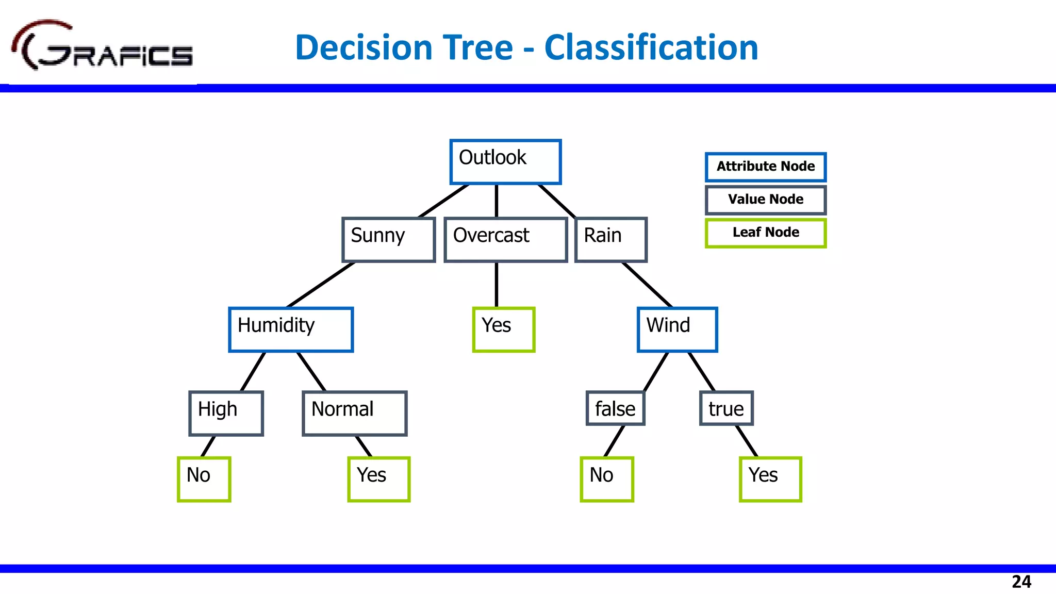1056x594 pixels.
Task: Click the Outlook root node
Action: coord(505,162)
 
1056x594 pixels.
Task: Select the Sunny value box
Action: coord(389,239)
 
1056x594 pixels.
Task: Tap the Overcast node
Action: coord(505,239)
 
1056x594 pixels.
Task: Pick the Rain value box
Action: coord(611,239)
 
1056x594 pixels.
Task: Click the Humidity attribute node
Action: coord(291,329)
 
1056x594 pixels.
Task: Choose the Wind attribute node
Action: coord(677,329)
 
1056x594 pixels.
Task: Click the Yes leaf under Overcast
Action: coord(504,329)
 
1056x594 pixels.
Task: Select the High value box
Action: coord(226,413)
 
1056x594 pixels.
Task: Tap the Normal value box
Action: coord(354,413)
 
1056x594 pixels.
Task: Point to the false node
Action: coord(615,408)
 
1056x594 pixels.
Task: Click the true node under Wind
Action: coord(726,408)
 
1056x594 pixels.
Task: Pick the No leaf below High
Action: coord(204,479)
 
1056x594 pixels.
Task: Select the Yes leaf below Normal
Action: coord(378,479)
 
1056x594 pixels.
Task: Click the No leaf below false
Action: coord(606,479)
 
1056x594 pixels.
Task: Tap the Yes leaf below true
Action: coord(770,479)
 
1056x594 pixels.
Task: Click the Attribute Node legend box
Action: coord(766,167)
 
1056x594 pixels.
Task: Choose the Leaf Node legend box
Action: coord(766,233)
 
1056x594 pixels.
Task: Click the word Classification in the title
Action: coord(651,47)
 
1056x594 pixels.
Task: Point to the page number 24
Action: coord(1021,582)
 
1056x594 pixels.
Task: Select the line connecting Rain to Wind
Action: coord(647,285)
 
